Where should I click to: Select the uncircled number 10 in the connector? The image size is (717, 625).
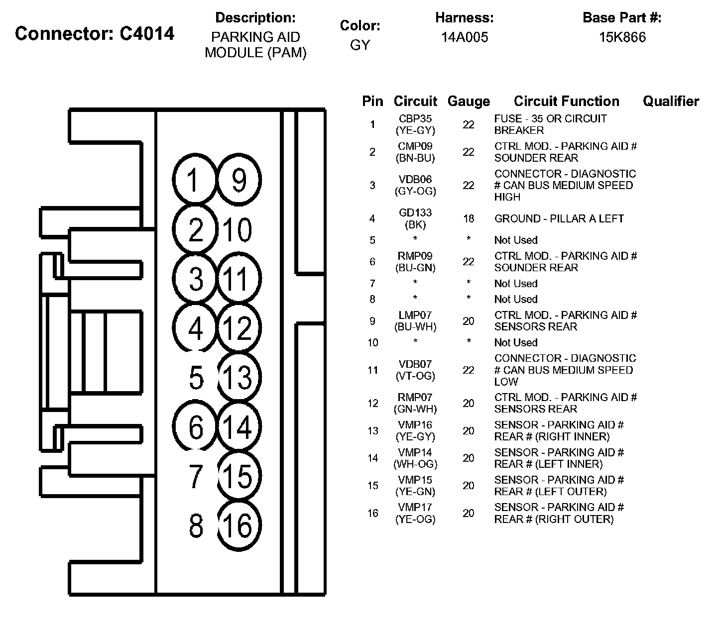(x=238, y=230)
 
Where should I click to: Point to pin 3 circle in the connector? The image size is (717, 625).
(x=196, y=279)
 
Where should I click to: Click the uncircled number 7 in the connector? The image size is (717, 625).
(x=196, y=476)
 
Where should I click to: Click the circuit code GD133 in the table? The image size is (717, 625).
(x=415, y=213)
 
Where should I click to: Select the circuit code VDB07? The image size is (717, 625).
(x=415, y=364)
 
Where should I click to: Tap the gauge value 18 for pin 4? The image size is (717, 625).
(x=469, y=219)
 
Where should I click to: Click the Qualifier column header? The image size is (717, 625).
(x=671, y=102)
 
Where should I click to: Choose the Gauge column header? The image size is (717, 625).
(x=469, y=102)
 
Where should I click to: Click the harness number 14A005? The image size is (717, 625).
(x=465, y=37)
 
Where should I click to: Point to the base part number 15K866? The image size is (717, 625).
(x=622, y=37)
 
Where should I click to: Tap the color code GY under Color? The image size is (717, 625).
(x=360, y=45)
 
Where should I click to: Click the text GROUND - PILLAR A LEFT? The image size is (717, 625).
(x=559, y=219)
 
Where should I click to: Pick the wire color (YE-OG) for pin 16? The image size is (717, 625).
(x=415, y=520)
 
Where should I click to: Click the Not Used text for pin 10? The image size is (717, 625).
(x=516, y=343)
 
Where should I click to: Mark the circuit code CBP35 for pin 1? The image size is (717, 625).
(x=415, y=119)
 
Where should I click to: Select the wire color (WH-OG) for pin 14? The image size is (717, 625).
(x=415, y=464)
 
